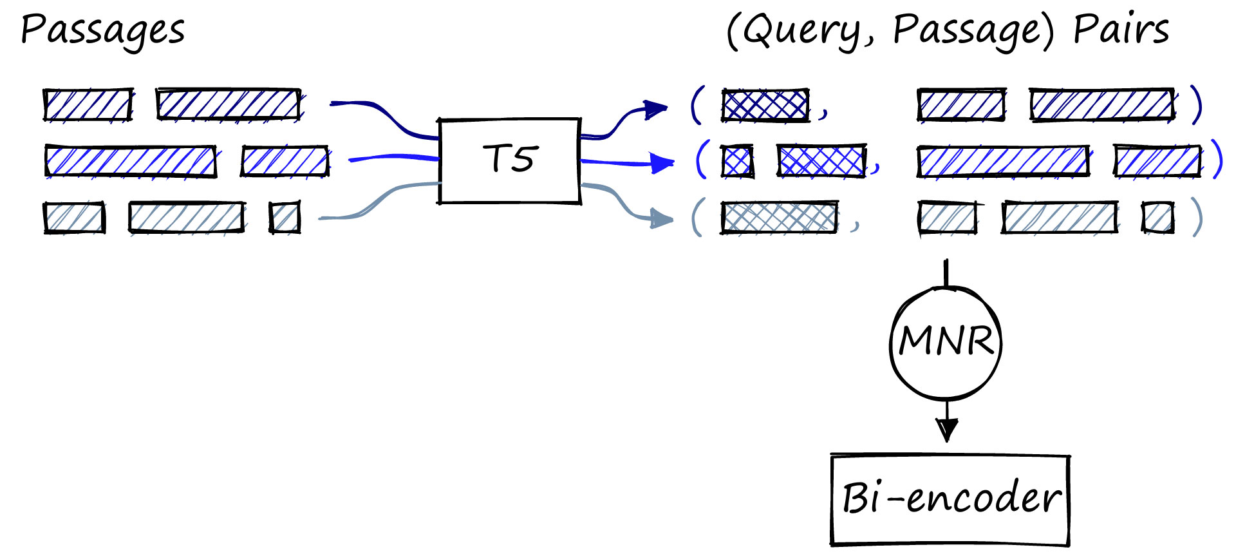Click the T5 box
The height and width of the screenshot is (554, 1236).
(x=510, y=160)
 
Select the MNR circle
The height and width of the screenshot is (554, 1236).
(x=946, y=342)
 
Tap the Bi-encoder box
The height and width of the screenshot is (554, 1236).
(x=950, y=500)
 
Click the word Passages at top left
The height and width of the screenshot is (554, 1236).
(x=103, y=31)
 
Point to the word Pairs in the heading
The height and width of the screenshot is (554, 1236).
(x=1121, y=30)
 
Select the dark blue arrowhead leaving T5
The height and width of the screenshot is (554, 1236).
(x=657, y=110)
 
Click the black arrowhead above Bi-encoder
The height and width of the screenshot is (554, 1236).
(x=947, y=428)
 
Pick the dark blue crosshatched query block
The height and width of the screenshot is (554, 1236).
(x=765, y=105)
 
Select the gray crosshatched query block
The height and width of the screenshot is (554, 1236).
(x=780, y=217)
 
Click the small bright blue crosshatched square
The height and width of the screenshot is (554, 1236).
(x=737, y=161)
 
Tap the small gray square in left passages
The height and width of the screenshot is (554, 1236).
(x=285, y=217)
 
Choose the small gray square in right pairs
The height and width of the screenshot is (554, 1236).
(x=1158, y=217)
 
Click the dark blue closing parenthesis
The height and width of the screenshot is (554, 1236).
(x=1196, y=105)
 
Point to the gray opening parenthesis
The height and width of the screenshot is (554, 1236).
(x=697, y=217)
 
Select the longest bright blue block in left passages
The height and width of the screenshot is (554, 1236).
(x=131, y=161)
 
